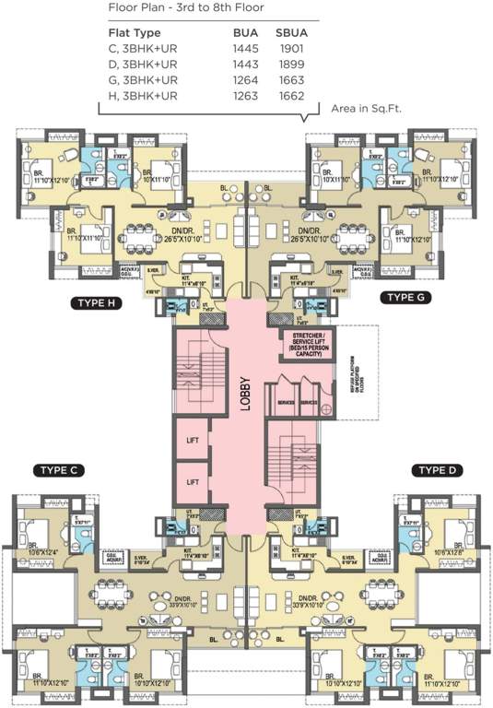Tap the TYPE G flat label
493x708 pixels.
tap(407, 296)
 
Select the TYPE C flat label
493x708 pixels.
tap(61, 470)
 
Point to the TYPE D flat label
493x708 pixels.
tap(434, 470)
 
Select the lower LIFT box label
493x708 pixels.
tap(192, 481)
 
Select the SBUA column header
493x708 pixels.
tap(292, 32)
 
